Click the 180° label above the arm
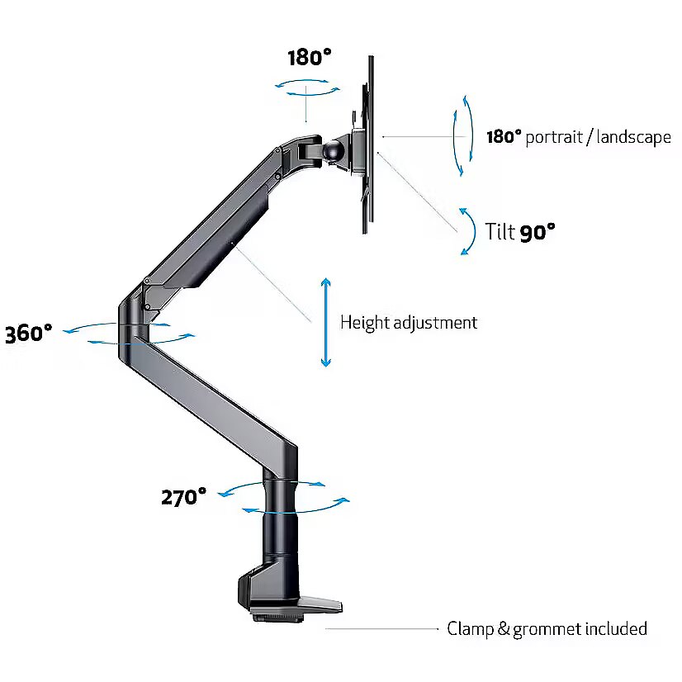tap(310, 58)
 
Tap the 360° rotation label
tap(28, 334)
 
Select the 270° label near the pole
tap(183, 497)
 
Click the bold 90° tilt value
tap(538, 232)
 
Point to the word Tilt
tap(500, 232)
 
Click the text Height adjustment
tap(409, 322)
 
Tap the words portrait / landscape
tap(597, 137)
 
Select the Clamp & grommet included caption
tap(547, 629)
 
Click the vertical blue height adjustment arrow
tap(326, 322)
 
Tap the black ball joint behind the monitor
tap(334, 150)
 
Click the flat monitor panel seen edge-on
tap(370, 145)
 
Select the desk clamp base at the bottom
tap(285, 598)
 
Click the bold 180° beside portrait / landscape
tap(503, 137)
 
